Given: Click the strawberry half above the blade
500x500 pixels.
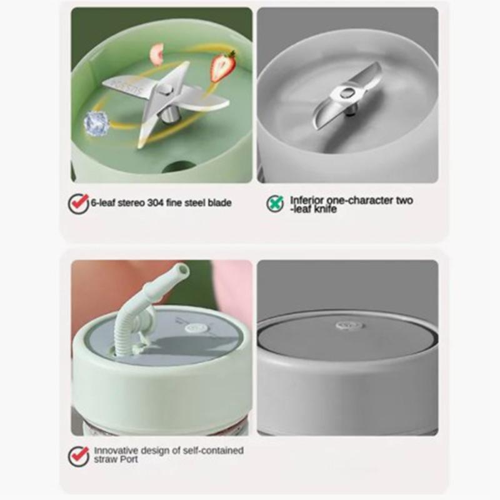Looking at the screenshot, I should point(223,66).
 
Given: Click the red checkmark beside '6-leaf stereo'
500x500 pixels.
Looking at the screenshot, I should point(78,203).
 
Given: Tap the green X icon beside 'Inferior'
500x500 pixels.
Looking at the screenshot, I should point(275,203).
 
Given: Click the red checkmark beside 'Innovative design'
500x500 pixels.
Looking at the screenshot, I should point(78,455).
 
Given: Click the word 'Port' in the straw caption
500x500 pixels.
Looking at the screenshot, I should point(128,459).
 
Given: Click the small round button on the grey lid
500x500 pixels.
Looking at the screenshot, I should point(347,326).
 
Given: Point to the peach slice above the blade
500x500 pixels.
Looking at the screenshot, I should point(157,51).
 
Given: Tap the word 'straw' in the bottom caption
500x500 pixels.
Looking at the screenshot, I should point(105,459).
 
